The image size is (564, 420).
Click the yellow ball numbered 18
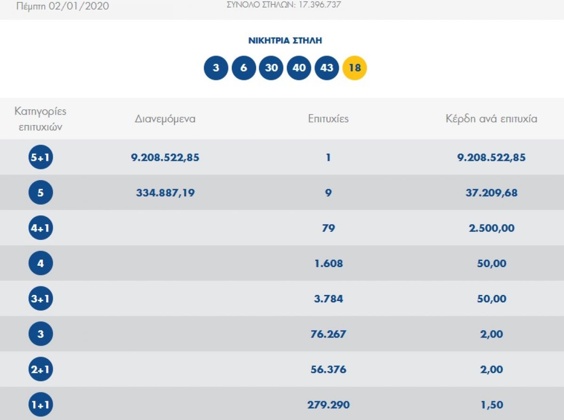point(354,68)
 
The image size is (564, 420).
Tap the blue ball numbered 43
point(327,68)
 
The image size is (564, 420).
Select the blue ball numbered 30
point(271,68)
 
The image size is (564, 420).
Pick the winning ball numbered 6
point(243,68)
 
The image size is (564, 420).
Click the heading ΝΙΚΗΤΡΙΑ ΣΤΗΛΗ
point(285,40)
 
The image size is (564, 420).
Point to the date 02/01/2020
point(79,6)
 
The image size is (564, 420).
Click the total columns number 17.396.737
point(320,5)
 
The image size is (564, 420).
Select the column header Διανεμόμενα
point(165,119)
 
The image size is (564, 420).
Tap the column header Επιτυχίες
point(328,119)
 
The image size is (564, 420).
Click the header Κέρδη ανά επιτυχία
point(491,119)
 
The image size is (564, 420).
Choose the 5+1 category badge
point(41,157)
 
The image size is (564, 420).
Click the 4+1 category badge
point(41,228)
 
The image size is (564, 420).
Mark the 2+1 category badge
point(41,369)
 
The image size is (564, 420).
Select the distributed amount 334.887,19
point(165,193)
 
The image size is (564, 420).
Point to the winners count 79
point(329,228)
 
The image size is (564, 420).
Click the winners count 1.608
point(329,263)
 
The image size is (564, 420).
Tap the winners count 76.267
point(328,334)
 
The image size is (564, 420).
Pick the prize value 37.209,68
point(492,193)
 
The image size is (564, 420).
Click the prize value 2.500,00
point(492,228)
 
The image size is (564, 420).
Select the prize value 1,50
point(492,405)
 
